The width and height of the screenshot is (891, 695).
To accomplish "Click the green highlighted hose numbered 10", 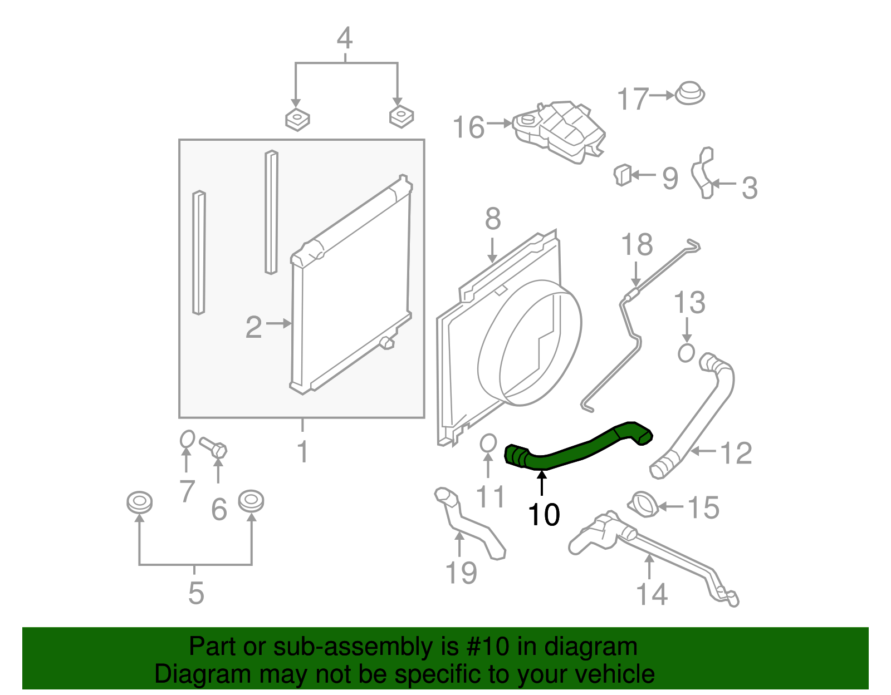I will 574,450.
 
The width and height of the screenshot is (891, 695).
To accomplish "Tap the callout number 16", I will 468,127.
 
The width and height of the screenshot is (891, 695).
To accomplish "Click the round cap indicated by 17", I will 689,93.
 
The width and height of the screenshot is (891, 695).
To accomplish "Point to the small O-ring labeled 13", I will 686,353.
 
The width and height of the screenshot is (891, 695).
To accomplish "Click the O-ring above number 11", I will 487,443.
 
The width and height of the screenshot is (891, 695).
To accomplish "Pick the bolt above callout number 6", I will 214,447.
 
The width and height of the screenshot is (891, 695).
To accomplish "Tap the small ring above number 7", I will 187,439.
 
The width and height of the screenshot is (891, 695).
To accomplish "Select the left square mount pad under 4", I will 297,119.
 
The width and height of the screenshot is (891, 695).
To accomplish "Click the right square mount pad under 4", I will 401,116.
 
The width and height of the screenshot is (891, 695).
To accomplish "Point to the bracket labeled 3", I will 703,172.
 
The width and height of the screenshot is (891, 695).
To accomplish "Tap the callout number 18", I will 637,245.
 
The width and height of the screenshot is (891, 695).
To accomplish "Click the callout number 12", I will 736,453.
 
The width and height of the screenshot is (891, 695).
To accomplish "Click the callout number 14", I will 652,594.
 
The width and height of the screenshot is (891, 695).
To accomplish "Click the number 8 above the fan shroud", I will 493,219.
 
